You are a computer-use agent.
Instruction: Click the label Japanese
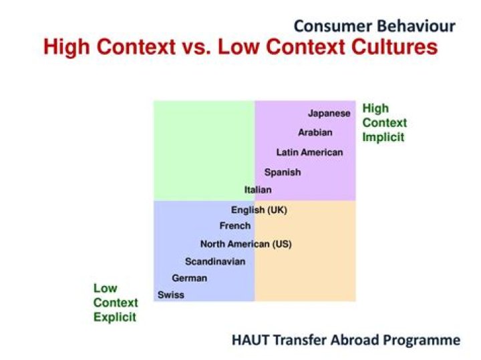coord(329,114)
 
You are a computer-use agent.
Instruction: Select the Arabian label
coord(315,132)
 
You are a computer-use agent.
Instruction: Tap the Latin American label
coord(309,152)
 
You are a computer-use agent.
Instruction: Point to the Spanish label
coord(283,172)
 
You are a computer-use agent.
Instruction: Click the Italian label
coord(258,190)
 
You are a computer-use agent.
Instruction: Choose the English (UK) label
coord(259,210)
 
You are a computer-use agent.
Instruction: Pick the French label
coord(235,226)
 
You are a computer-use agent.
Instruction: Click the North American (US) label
coord(246,244)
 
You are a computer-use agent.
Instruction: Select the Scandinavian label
coord(215,262)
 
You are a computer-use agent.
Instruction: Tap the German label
coord(190,278)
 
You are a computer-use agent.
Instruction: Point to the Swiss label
coord(171,295)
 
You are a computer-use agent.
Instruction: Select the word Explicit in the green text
coord(115,317)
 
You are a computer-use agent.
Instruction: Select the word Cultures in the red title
coord(390,48)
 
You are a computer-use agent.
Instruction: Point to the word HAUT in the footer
coord(251,340)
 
